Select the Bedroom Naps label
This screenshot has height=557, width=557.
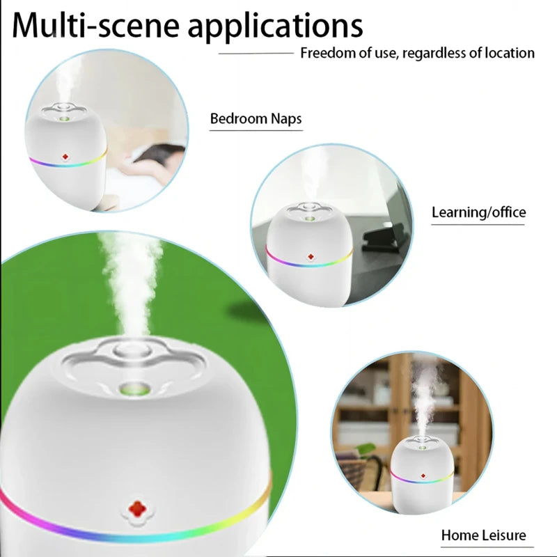click(x=256, y=119)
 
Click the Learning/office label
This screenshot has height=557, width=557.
click(x=478, y=212)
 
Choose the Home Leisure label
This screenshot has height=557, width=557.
click(x=483, y=535)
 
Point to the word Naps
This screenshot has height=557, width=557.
click(x=285, y=119)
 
